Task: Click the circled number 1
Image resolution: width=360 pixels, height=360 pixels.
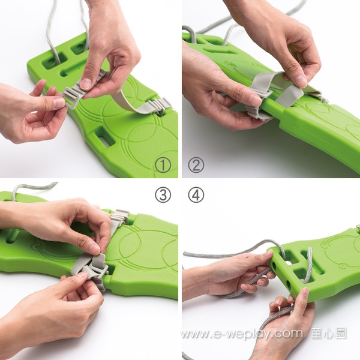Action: (x=163, y=165)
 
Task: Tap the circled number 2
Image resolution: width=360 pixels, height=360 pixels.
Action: (x=196, y=165)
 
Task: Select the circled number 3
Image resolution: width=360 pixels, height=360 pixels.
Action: (x=163, y=195)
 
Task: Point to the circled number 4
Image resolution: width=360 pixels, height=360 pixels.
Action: (x=196, y=195)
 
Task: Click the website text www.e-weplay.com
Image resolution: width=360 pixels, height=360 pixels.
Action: (x=242, y=334)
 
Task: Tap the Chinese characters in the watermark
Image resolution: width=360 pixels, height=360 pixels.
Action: (x=328, y=334)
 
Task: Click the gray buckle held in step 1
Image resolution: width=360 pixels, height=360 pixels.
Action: (x=71, y=98)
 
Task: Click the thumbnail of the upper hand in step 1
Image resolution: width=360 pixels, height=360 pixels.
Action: (x=86, y=83)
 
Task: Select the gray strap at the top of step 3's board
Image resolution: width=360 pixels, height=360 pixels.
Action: (x=119, y=218)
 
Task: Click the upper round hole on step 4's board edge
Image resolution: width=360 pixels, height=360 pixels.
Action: (x=274, y=266)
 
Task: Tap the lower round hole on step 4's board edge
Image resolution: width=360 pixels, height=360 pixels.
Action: (x=288, y=285)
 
